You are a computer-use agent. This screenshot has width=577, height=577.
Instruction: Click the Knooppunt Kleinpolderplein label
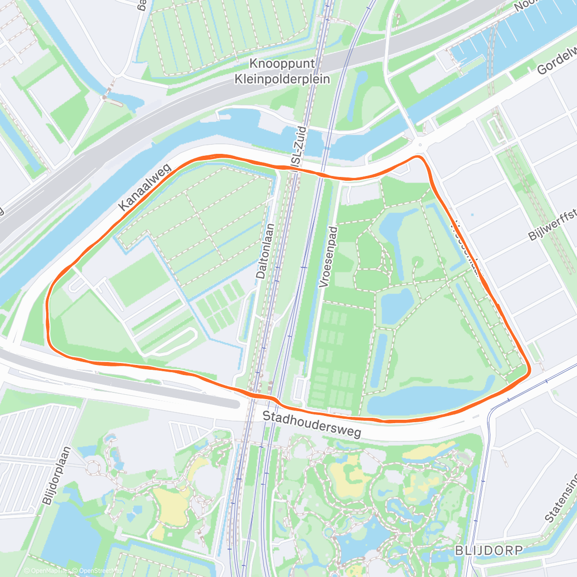(282, 71)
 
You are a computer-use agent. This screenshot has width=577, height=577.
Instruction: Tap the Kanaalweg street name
(145, 188)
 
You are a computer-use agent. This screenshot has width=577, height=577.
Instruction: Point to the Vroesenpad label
(329, 257)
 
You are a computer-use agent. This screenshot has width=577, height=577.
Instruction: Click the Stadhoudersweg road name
(312, 424)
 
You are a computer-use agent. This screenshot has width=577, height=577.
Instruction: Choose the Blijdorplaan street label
(57, 476)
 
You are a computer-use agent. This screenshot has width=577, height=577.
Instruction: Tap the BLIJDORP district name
(489, 550)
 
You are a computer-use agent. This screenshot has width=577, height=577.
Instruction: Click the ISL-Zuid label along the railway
(298, 147)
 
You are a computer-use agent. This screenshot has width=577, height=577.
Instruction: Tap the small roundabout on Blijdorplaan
(91, 467)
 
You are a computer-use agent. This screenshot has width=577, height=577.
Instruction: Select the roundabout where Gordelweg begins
(420, 144)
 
